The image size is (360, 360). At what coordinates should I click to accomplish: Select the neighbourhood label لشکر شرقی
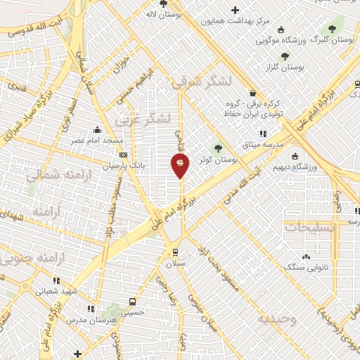(200, 82)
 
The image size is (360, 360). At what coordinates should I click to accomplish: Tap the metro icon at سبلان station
(174, 252)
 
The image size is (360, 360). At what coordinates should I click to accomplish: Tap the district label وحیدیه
(277, 319)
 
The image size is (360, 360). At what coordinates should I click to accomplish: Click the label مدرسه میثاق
(263, 144)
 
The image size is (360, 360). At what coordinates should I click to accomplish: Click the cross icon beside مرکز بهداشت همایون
(235, 10)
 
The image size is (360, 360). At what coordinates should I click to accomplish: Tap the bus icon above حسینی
(132, 302)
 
